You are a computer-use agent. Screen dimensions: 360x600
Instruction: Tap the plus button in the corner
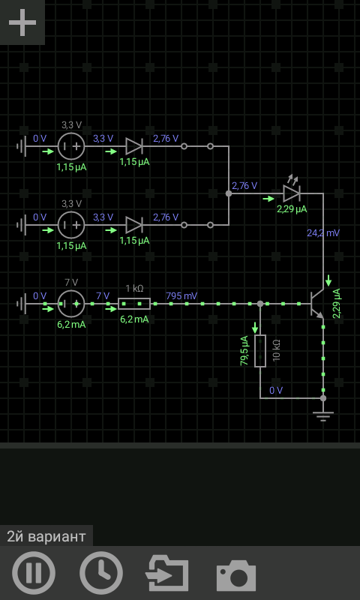(22, 22)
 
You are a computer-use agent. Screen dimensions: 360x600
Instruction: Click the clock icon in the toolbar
(101, 573)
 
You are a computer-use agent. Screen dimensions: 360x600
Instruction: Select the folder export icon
(167, 574)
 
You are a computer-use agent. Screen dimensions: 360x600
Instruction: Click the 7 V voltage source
(71, 304)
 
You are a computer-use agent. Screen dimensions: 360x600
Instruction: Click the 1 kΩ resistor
(134, 304)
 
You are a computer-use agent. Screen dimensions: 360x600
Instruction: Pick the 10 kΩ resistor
(260, 351)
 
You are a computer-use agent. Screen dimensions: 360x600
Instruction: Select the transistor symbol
(316, 304)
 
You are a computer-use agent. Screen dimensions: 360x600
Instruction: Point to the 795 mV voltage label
(181, 295)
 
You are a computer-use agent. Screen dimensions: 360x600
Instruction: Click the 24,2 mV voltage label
(323, 232)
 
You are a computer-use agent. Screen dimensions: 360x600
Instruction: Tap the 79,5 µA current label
(244, 350)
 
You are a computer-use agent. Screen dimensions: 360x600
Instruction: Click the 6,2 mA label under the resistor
(134, 319)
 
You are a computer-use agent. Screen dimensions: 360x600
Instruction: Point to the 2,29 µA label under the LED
(292, 209)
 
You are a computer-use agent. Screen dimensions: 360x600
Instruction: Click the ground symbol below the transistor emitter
(323, 416)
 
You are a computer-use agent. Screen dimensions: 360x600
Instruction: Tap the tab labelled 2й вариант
(46, 536)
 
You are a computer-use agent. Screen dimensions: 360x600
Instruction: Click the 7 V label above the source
(71, 283)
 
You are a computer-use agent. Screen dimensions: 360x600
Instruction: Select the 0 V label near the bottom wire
(276, 390)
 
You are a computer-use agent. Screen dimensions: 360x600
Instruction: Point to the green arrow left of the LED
(268, 199)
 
